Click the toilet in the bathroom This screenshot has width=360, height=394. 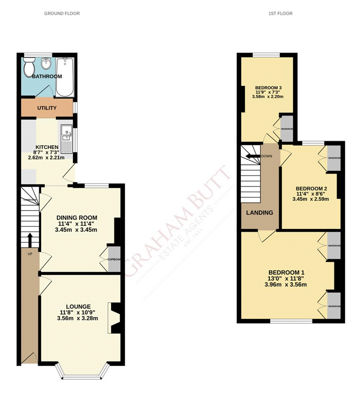coord(29,67)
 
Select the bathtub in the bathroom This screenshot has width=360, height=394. coord(65,77)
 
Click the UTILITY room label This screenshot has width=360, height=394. coord(47,108)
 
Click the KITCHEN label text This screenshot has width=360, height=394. coord(47,147)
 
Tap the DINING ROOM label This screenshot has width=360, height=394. coord(77,218)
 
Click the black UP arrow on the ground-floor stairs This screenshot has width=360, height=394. coord(29,239)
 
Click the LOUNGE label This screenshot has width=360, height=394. coord(78,306)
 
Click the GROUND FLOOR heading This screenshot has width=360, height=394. coord(62,14)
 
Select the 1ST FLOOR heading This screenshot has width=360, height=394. coord(280,14)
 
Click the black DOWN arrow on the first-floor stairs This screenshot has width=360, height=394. coord(252,156)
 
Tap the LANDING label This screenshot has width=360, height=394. coord(259,212)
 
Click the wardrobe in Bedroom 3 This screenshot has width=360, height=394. coord(286,128)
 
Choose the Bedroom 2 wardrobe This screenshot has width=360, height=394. coord(334,158)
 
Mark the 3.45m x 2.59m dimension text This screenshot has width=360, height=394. coord(310,199)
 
